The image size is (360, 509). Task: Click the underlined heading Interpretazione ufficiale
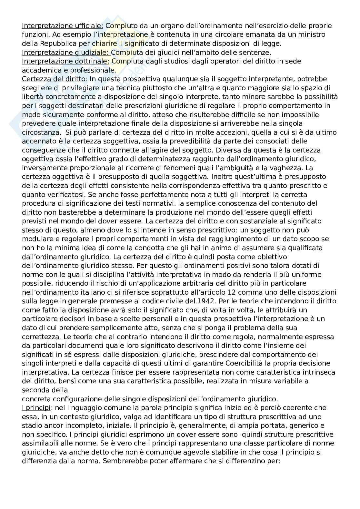pyautogui.click(x=62, y=26)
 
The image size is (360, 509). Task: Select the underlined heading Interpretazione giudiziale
pyautogui.click(x=66, y=52)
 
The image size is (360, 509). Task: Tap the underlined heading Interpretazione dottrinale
pyautogui.click(x=66, y=61)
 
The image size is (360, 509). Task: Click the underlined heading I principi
pyautogui.click(x=36, y=407)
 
